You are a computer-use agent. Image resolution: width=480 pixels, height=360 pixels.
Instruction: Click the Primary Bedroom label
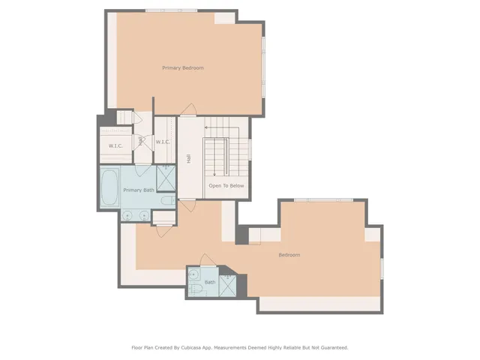tap(183, 68)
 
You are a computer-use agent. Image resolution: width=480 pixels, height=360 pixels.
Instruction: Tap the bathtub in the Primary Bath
tap(109, 188)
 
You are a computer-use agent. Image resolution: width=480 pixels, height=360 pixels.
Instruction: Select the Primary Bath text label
tap(139, 190)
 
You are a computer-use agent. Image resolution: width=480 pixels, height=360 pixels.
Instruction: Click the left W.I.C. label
tap(115, 145)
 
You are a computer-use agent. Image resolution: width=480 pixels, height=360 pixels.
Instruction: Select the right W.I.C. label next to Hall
tap(163, 142)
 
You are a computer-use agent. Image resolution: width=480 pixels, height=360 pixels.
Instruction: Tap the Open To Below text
tap(226, 186)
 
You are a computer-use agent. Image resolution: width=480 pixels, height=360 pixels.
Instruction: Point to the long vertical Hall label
tap(189, 158)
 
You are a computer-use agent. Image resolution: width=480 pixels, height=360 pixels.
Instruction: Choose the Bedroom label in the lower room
tap(289, 255)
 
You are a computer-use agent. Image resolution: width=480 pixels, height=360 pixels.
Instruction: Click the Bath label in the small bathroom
tap(209, 283)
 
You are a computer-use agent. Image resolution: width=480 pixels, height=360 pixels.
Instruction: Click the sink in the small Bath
tap(194, 274)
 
